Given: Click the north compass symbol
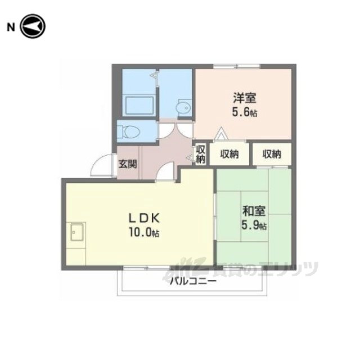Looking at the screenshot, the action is click(33, 26).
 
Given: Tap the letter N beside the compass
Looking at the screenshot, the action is click(11, 27).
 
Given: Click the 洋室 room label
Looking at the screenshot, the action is click(245, 98).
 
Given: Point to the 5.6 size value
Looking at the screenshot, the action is click(241, 112).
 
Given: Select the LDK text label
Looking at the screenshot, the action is click(144, 218).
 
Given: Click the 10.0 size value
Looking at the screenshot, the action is click(141, 232).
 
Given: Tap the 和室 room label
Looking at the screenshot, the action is click(254, 211).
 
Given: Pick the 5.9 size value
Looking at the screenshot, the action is click(250, 225).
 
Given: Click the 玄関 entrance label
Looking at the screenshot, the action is click(128, 164).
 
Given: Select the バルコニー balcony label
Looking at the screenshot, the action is click(193, 281).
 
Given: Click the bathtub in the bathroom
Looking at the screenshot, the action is click(139, 106).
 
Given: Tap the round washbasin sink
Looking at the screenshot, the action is click(183, 107).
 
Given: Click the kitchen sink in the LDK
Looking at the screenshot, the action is click(77, 232).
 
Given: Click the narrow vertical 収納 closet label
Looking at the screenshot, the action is click(200, 155).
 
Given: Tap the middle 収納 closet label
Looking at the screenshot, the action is click(229, 154).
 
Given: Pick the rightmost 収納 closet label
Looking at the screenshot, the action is click(272, 154).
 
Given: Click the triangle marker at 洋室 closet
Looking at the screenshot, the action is click(221, 133).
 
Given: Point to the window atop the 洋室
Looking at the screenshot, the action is click(237, 66).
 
